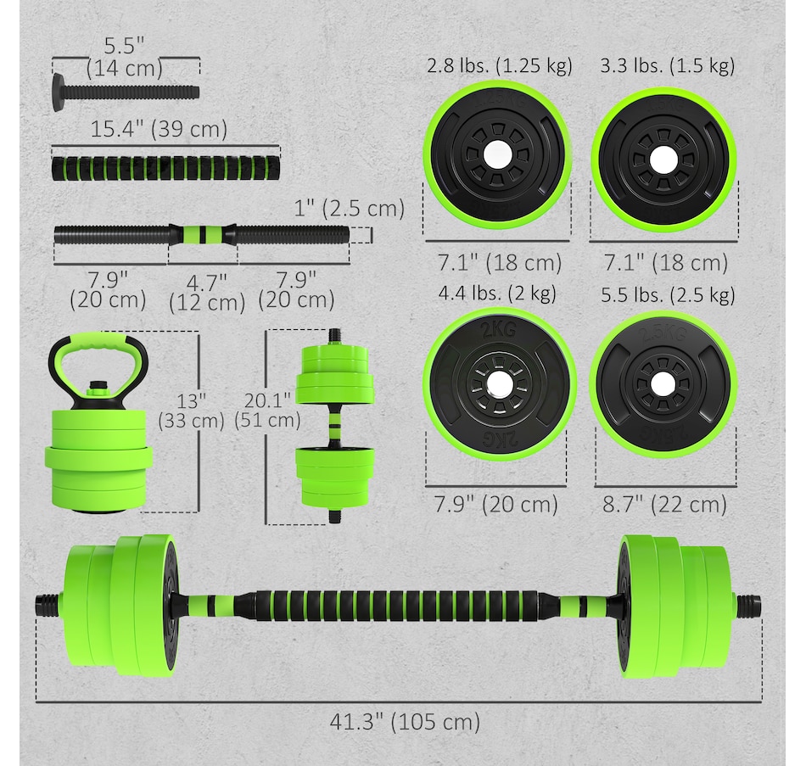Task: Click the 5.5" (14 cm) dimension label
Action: [x=125, y=57]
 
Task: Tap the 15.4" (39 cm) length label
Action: [x=159, y=129]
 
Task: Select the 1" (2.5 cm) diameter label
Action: [x=350, y=209]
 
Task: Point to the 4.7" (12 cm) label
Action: [x=207, y=293]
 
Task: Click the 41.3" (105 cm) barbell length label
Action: [x=405, y=721]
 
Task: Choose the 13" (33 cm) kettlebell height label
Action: [x=191, y=411]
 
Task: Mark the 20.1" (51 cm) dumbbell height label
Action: [x=267, y=411]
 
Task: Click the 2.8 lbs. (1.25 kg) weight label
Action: [x=500, y=66]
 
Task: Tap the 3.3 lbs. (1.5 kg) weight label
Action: [x=668, y=66]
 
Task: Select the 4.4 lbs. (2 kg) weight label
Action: [x=497, y=293]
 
